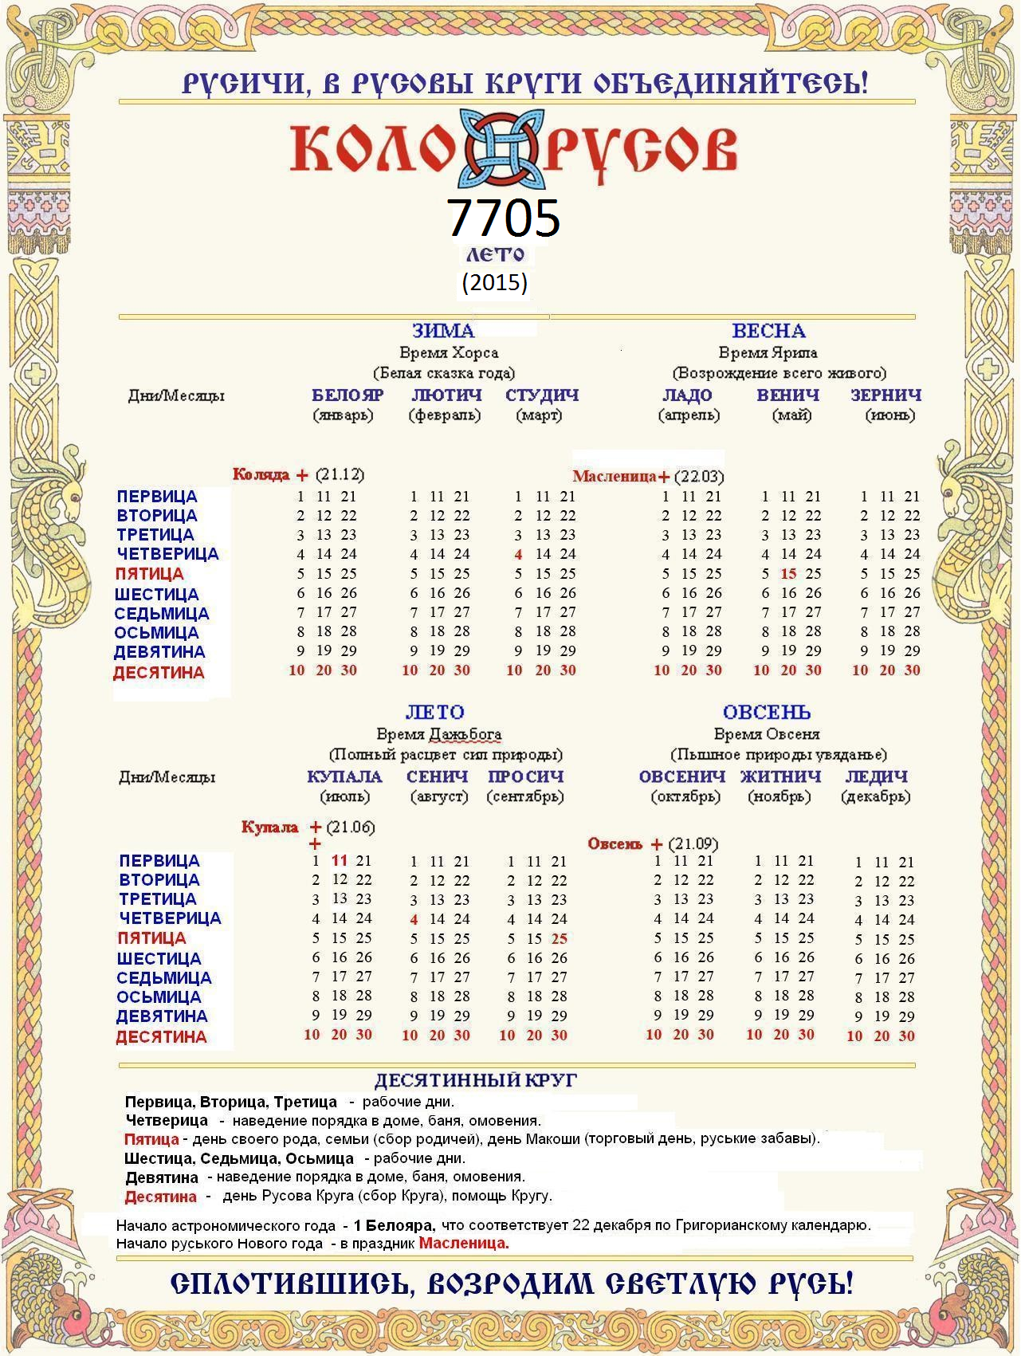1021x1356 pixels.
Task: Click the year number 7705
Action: point(503,217)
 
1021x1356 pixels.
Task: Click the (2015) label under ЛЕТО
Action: point(494,282)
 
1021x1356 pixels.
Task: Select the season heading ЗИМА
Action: point(443,331)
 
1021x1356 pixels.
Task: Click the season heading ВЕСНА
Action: point(768,331)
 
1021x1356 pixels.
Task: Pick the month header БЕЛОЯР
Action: point(348,395)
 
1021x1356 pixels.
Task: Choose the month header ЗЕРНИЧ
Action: point(886,395)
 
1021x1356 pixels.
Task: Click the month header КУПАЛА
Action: point(344,776)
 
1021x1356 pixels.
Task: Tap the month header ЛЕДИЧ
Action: point(876,776)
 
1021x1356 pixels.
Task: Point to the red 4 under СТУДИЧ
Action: point(518,555)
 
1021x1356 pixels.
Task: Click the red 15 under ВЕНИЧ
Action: point(788,574)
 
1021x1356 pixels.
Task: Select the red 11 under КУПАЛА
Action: point(340,861)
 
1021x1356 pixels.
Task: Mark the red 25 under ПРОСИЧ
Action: point(559,939)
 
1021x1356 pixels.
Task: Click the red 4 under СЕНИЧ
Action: point(414,920)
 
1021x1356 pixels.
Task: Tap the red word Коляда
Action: point(261,475)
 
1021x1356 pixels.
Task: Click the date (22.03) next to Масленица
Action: point(698,477)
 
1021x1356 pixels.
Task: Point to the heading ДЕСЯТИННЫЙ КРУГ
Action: point(475,1081)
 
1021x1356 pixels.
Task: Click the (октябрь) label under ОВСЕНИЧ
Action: point(685,796)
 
